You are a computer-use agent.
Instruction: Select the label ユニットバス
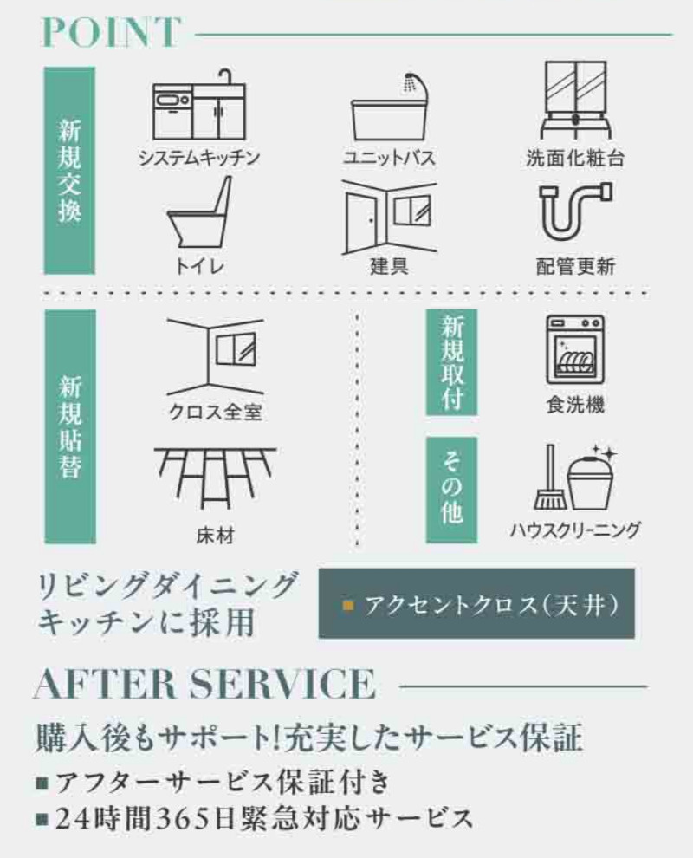(388, 158)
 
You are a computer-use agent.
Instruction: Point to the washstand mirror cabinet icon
(575, 101)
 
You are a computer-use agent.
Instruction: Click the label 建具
(388, 266)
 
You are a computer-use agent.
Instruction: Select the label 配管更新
(575, 266)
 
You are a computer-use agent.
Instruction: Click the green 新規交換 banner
(69, 171)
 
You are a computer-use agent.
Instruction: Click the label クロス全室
(215, 412)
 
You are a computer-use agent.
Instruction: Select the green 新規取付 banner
(451, 362)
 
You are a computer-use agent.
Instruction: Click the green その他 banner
(451, 490)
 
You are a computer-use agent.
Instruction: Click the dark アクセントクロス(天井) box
(476, 603)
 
